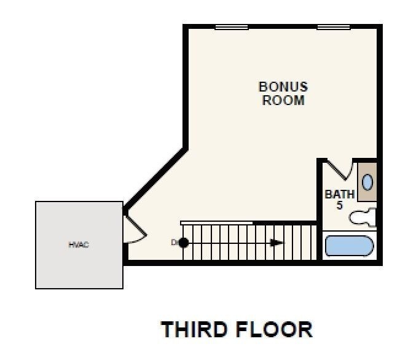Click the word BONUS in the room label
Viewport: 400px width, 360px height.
pos(283,87)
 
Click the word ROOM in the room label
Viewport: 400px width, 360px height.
pos(283,101)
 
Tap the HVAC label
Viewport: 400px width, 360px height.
pos(78,245)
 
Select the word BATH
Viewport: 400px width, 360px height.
pos(340,195)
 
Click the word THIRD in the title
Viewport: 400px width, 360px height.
pos(194,330)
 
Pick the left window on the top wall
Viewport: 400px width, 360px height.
pos(232,27)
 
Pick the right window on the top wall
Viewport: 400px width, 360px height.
pos(334,27)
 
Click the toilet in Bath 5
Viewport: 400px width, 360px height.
pos(363,217)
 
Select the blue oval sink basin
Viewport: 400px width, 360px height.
pos(367,182)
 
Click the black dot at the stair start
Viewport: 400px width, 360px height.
pos(183,243)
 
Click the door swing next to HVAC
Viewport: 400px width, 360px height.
pos(135,230)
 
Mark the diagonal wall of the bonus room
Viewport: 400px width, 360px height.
pos(155,179)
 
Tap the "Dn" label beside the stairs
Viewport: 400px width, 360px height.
pos(175,243)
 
